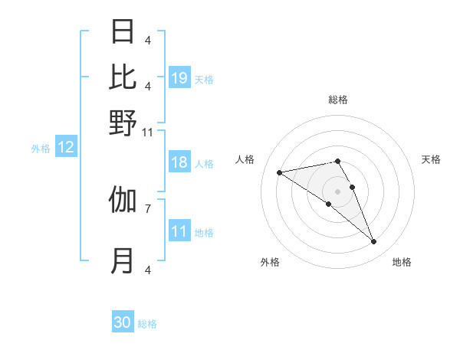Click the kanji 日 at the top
click(x=123, y=32)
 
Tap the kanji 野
click(x=123, y=123)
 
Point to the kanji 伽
click(x=123, y=200)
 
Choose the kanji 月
click(x=123, y=261)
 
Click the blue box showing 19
click(x=179, y=78)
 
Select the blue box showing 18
click(x=179, y=162)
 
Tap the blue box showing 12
click(x=66, y=148)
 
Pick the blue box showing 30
click(x=123, y=322)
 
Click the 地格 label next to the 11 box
click(x=204, y=232)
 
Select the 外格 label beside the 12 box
click(x=41, y=149)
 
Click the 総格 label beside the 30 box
click(x=147, y=324)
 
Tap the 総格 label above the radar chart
click(x=337, y=100)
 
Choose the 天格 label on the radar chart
click(x=431, y=159)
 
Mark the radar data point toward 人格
click(x=280, y=172)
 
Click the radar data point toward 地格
click(x=374, y=241)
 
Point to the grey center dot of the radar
click(x=337, y=191)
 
